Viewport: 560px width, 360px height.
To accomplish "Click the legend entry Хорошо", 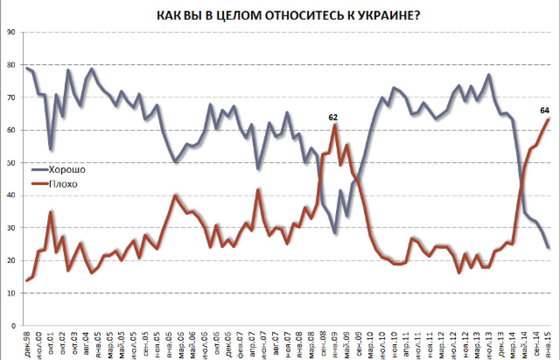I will click(x=67, y=170).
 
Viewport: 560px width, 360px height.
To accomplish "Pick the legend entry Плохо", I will click(x=63, y=184).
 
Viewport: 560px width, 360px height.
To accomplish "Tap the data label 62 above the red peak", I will click(x=333, y=117).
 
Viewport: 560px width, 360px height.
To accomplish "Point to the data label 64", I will click(x=544, y=111).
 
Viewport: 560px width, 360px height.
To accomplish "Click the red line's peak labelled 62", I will click(x=334, y=125).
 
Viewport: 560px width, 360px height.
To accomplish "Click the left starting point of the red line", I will click(x=26, y=281).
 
